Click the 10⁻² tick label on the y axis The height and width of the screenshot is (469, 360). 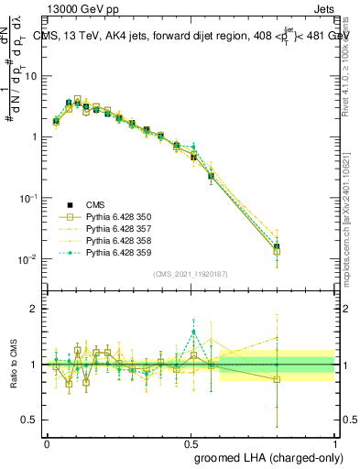point(30,259)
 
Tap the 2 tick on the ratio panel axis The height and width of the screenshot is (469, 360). point(37,309)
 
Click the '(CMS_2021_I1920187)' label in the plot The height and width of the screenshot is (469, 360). point(190,273)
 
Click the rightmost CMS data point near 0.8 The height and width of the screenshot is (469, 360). point(277,246)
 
